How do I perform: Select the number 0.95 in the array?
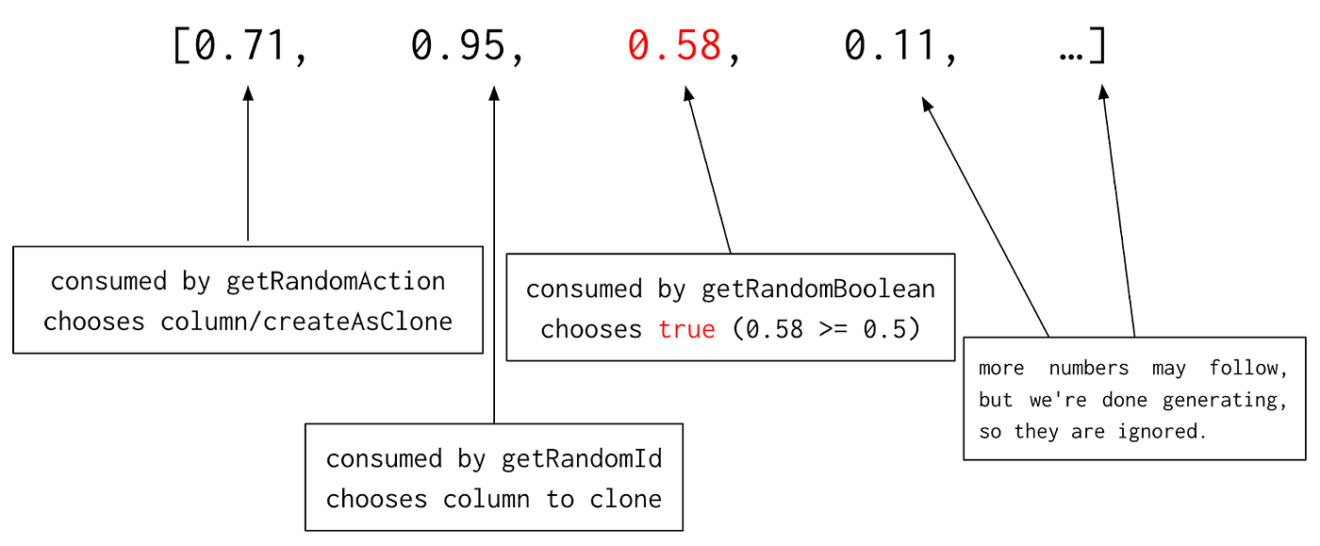(x=458, y=45)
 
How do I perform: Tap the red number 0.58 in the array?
(x=675, y=45)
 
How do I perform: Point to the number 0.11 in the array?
(x=891, y=45)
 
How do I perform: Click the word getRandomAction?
(x=336, y=281)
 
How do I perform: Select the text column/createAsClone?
(x=306, y=321)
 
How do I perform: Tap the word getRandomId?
(x=582, y=459)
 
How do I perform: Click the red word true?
(x=686, y=329)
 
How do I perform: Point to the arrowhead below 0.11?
(x=928, y=104)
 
